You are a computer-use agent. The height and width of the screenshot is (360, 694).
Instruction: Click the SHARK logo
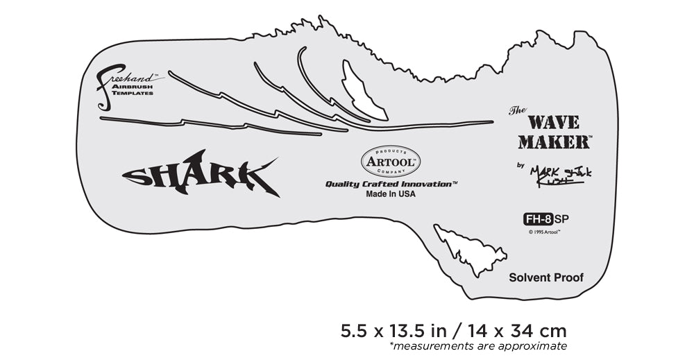[x=201, y=173]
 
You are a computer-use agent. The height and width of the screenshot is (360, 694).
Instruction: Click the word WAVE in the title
[x=553, y=123]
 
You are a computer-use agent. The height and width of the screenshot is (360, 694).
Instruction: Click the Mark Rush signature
[x=561, y=175]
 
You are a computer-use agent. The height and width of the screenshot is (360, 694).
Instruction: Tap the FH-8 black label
[x=538, y=220]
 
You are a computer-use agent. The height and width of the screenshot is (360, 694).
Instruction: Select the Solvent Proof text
[x=546, y=277]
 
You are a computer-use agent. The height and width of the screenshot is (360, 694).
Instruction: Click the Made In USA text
[x=391, y=195]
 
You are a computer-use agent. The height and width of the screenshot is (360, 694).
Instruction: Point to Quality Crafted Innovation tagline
[x=391, y=185]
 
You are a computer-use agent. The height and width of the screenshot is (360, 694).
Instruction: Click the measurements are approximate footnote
[x=478, y=346]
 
